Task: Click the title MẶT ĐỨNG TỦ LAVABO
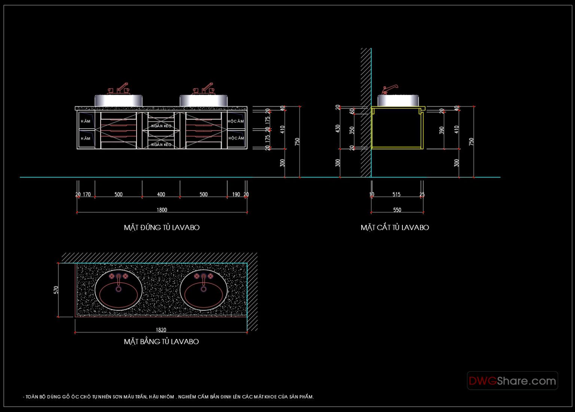[162, 228]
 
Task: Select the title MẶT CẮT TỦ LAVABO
[395, 228]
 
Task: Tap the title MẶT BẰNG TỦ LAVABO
[161, 342]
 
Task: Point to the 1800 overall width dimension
[162, 210]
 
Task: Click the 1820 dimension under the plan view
[161, 330]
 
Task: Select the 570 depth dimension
[56, 290]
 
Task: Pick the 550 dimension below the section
[397, 210]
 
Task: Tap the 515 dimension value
[396, 194]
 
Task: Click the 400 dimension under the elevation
[161, 194]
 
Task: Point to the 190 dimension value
[236, 194]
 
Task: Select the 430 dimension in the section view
[338, 129]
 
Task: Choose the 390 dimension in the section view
[442, 130]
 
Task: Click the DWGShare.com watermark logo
[512, 381]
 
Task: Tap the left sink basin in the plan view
[119, 290]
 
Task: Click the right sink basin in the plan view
[203, 290]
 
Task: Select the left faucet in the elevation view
[119, 89]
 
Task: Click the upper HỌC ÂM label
[236, 121]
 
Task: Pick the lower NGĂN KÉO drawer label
[161, 144]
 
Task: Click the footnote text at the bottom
[168, 397]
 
